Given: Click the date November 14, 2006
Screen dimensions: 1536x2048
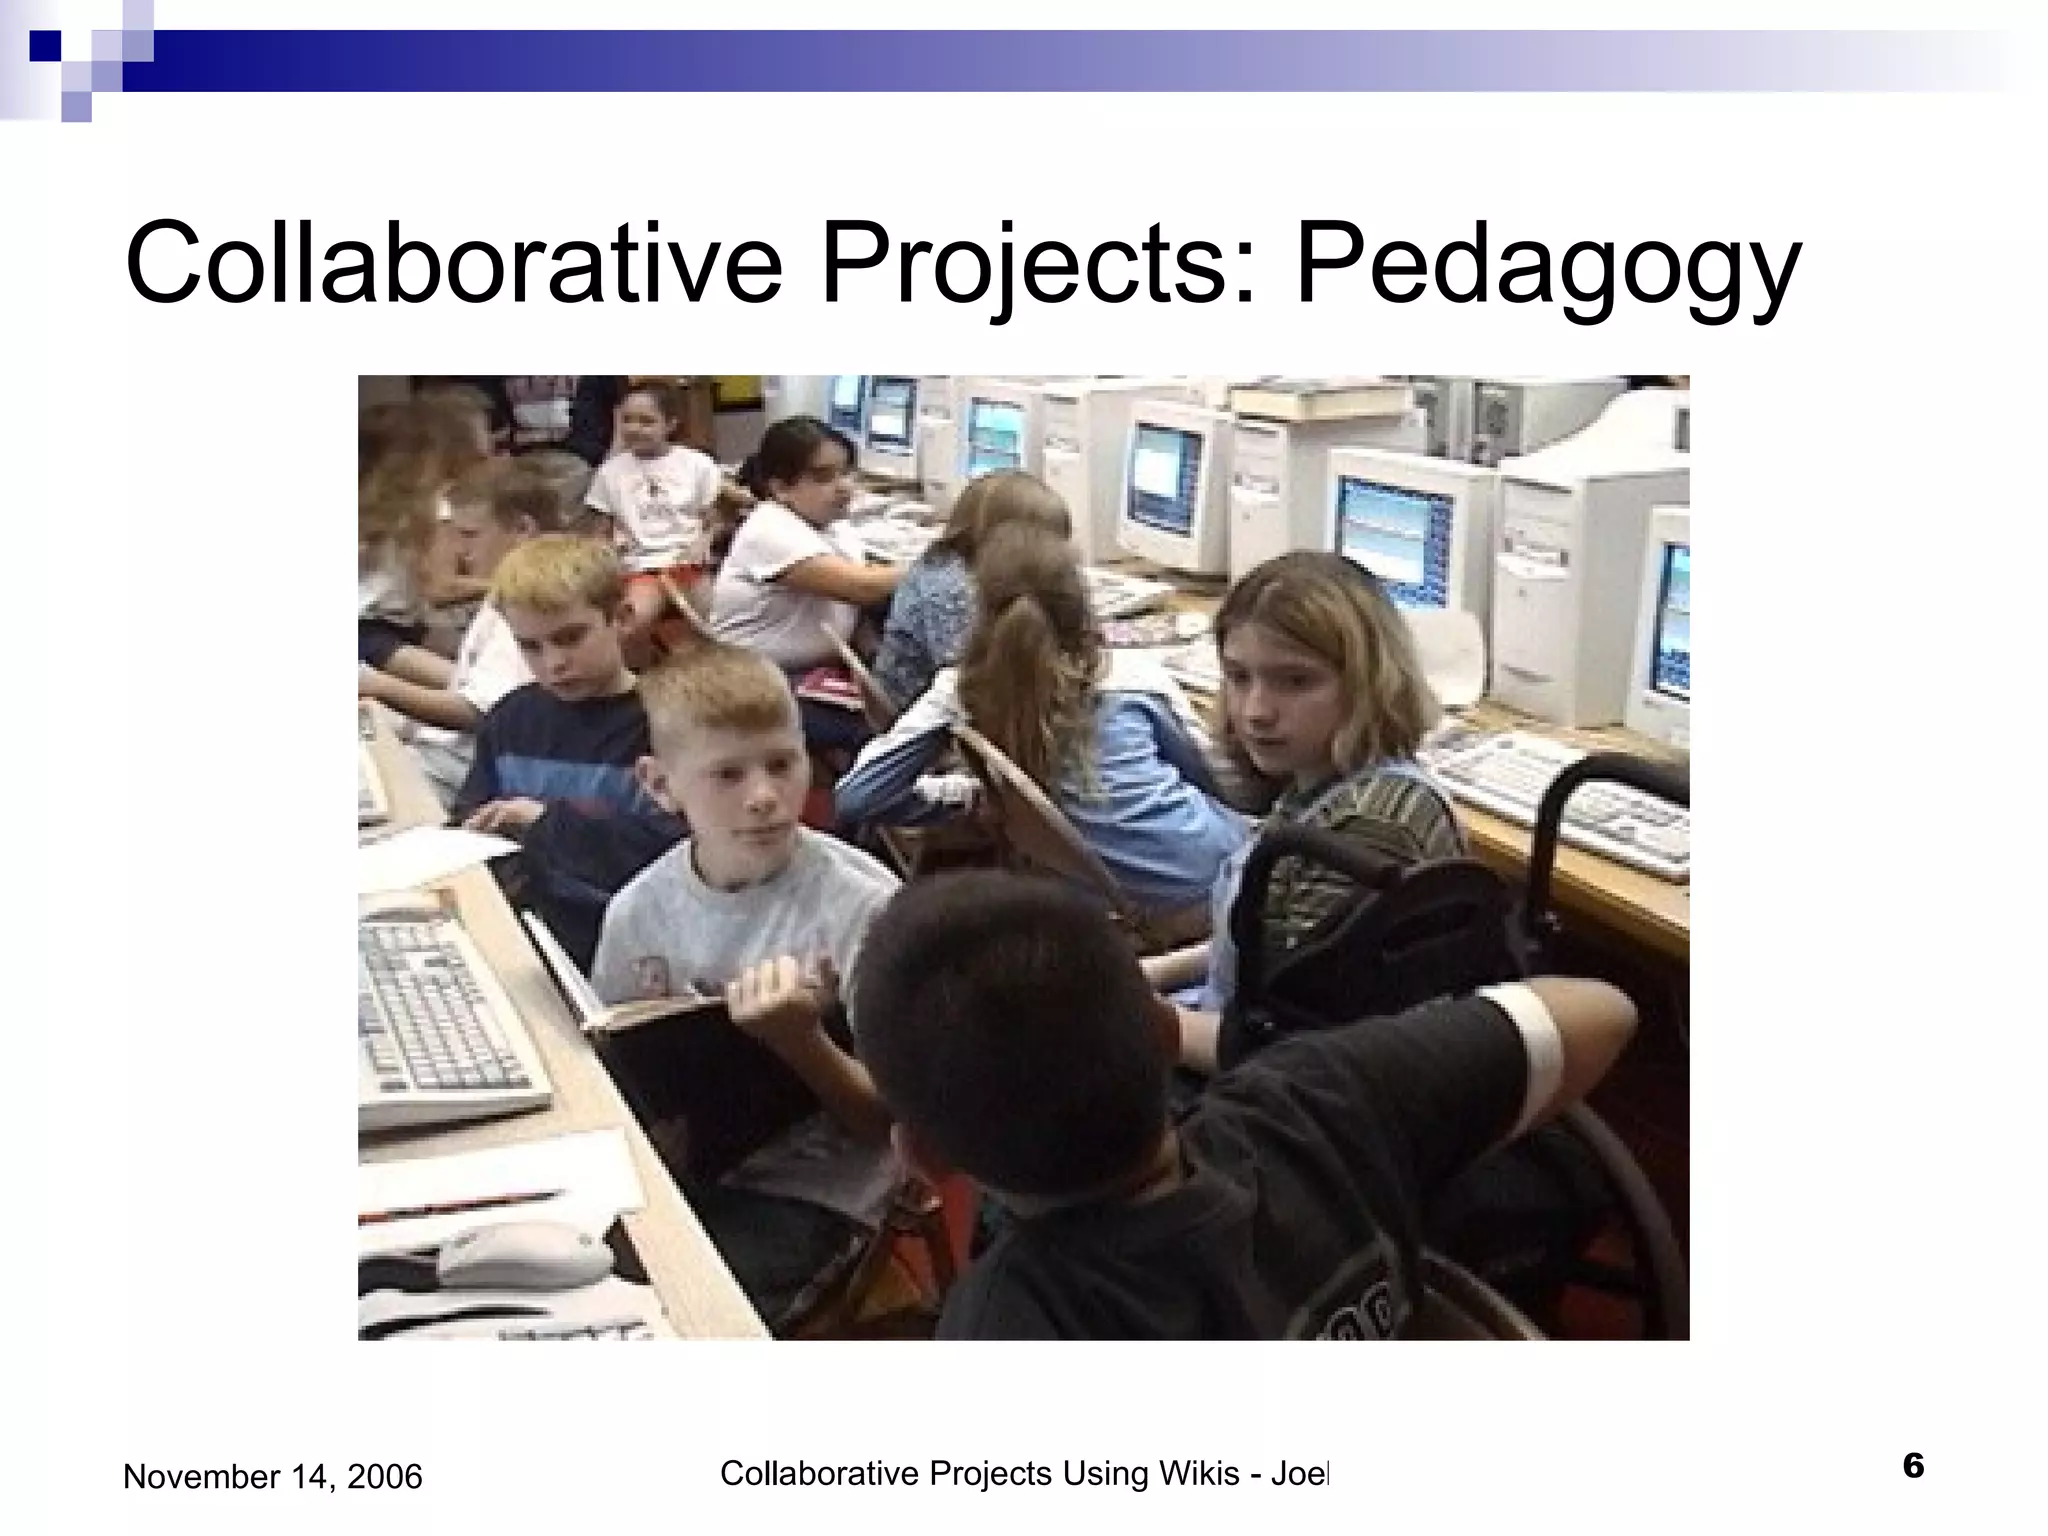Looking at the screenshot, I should coord(272,1476).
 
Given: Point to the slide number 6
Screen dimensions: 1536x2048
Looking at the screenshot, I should coord(1912,1467).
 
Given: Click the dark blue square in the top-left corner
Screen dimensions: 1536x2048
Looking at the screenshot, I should coord(45,45).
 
